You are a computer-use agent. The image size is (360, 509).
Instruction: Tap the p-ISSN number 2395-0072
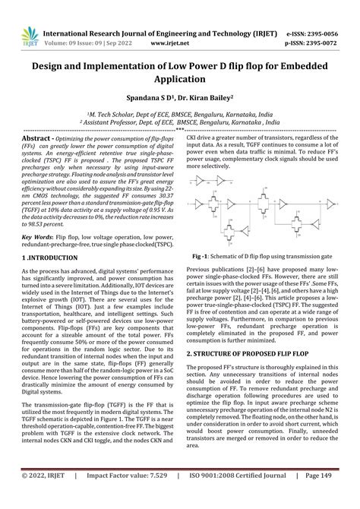[330, 23]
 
